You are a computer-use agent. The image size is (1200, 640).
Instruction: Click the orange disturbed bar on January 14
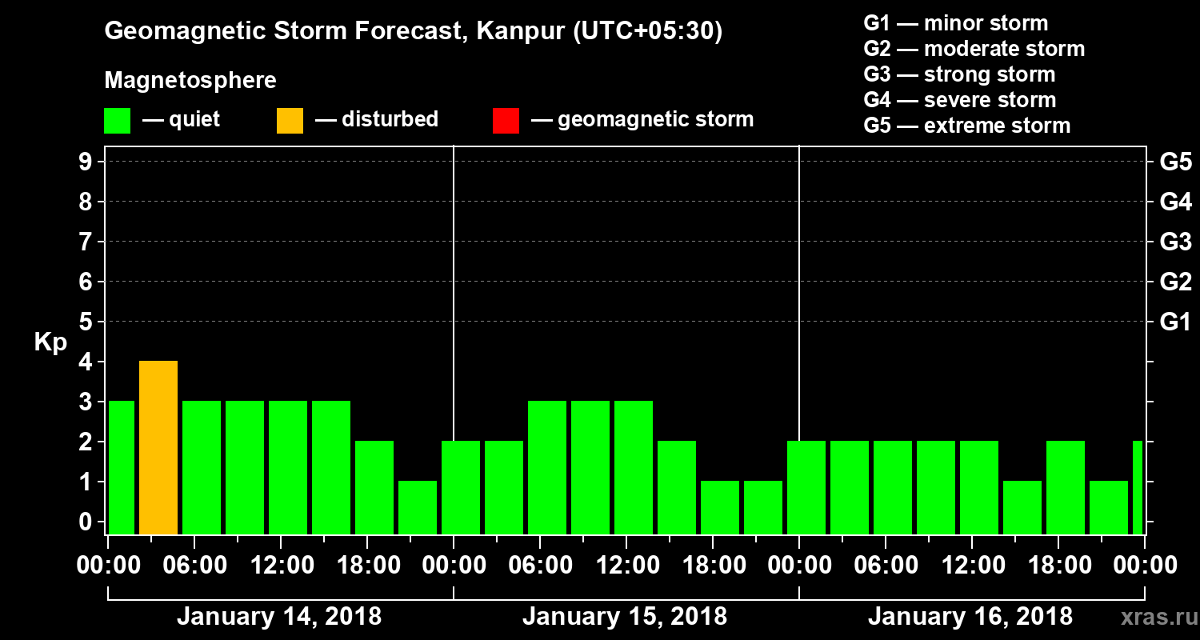[158, 448]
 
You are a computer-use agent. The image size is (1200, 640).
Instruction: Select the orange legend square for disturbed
[290, 120]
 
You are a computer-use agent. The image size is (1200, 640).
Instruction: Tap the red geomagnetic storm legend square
[506, 120]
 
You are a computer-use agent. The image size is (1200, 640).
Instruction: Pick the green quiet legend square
[117, 120]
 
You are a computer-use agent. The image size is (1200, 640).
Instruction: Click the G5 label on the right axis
[1175, 162]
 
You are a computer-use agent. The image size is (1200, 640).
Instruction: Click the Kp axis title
[50, 342]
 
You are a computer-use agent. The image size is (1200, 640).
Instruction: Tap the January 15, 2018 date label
[625, 617]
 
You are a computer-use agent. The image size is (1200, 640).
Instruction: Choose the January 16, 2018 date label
[970, 617]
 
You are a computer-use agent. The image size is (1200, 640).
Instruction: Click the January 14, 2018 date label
[279, 617]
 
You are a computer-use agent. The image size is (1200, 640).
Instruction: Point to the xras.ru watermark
[1154, 617]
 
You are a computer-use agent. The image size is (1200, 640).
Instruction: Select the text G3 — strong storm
[959, 74]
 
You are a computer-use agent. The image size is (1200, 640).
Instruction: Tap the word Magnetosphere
[190, 81]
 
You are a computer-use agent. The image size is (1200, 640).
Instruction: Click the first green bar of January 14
[122, 468]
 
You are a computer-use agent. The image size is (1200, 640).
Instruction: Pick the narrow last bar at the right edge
[1137, 488]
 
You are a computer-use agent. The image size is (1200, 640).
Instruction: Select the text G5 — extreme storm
[966, 126]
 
